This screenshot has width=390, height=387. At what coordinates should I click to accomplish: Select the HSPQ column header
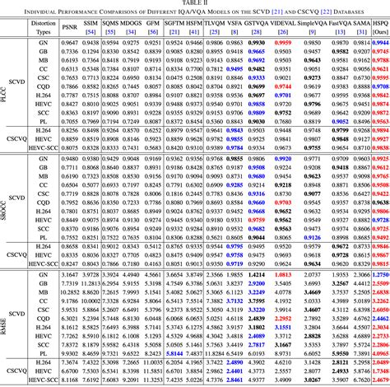click(x=380, y=25)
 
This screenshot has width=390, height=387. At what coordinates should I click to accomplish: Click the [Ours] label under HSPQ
click(x=380, y=33)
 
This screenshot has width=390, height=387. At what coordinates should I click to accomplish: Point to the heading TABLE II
click(x=196, y=3)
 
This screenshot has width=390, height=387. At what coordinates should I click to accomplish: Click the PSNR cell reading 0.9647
click(x=72, y=41)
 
